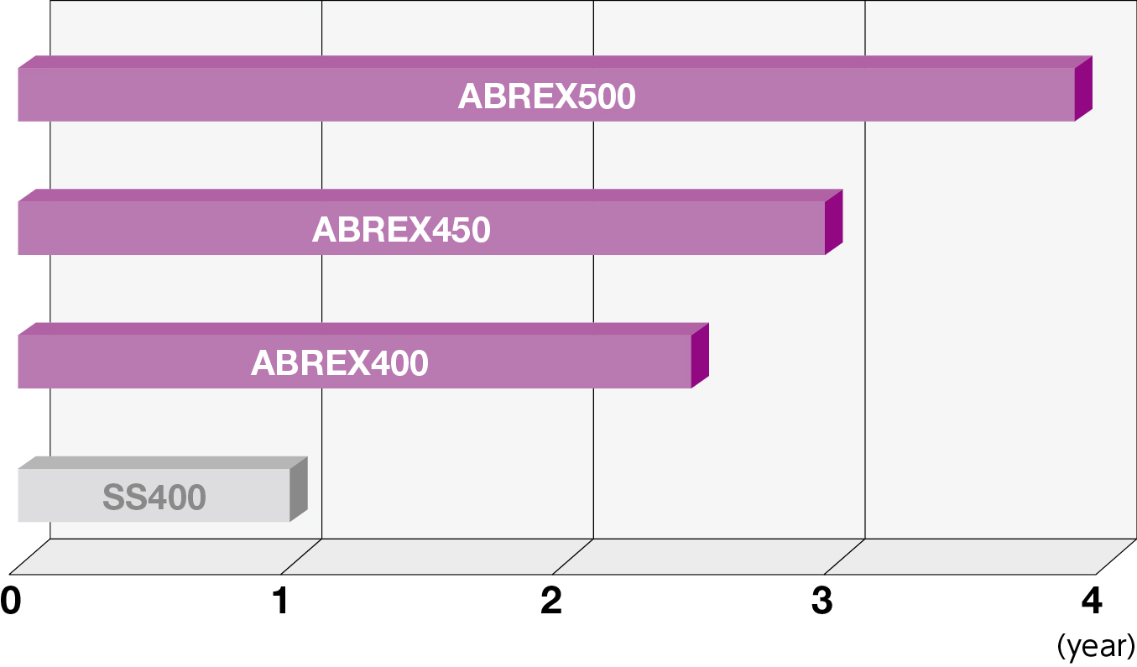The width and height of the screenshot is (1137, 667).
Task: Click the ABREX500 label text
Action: tap(546, 96)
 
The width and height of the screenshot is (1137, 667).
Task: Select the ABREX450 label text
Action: tap(401, 229)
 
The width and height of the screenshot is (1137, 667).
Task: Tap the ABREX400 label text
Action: tap(340, 363)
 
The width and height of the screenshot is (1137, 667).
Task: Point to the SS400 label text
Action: tap(154, 497)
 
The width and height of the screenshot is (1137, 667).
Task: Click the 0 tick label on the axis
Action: tap(11, 601)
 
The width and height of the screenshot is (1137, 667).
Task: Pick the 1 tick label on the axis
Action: tap(281, 601)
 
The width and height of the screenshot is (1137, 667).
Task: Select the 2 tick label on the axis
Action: tap(551, 601)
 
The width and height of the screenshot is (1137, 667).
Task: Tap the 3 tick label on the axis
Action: tap(822, 601)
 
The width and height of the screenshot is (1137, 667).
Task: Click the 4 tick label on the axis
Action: tap(1092, 601)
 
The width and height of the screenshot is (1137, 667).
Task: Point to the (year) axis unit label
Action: tap(1096, 647)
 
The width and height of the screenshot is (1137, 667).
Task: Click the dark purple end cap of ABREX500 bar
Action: tap(1083, 88)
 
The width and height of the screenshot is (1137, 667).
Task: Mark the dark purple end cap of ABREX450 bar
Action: tap(834, 221)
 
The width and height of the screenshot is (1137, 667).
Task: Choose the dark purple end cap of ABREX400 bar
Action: tap(700, 356)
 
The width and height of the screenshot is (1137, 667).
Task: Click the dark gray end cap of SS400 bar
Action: tap(299, 489)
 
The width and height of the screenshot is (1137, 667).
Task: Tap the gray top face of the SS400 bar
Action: tap(163, 462)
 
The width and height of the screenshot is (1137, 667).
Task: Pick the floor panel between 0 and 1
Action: tap(165, 557)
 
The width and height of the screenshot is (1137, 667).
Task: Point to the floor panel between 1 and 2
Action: tap(437, 557)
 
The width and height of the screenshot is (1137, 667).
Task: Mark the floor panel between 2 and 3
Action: tap(708, 557)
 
